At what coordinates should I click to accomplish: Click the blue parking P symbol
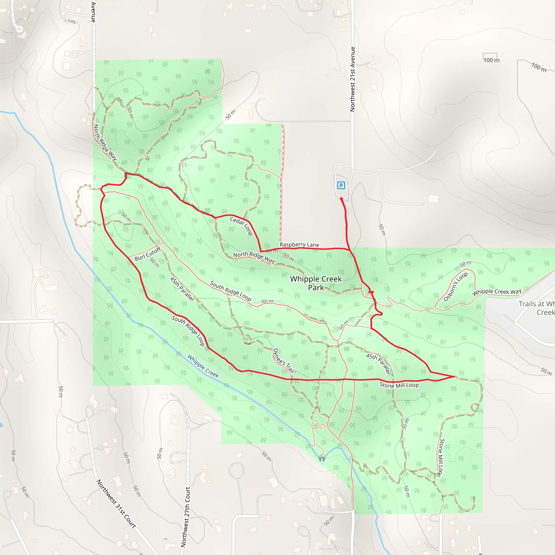pyautogui.click(x=341, y=185)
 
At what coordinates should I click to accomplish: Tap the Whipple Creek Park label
pyautogui.click(x=316, y=283)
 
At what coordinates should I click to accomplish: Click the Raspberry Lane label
pyautogui.click(x=299, y=244)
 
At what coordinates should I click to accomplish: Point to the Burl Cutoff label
pyautogui.click(x=147, y=254)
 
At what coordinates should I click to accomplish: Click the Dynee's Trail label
pyautogui.click(x=283, y=360)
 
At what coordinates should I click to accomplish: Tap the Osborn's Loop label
pyautogui.click(x=455, y=286)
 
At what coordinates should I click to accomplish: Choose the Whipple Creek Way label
pyautogui.click(x=497, y=292)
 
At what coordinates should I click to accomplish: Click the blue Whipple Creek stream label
pyautogui.click(x=203, y=366)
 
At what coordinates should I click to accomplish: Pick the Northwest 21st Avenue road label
pyautogui.click(x=353, y=79)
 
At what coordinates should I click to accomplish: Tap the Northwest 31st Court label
pyautogui.click(x=116, y=504)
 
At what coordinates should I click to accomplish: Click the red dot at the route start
pyautogui.click(x=341, y=199)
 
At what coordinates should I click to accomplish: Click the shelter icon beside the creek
pyautogui.click(x=322, y=459)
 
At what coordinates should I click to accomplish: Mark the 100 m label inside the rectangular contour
pyautogui.click(x=492, y=60)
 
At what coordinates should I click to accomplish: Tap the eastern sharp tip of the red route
pyautogui.click(x=454, y=376)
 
